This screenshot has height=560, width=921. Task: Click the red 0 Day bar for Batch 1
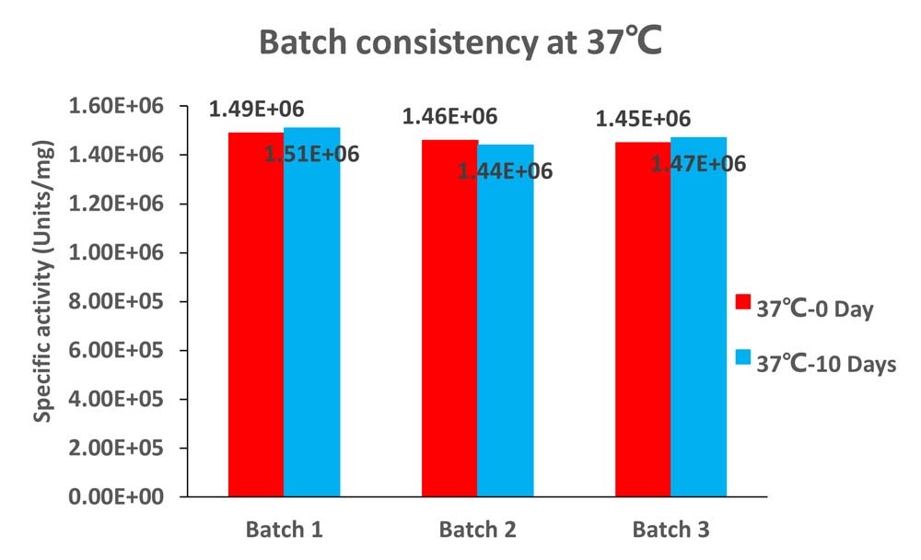(x=256, y=314)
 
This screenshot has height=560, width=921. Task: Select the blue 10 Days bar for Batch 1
(x=312, y=312)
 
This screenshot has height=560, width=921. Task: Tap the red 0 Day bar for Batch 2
(x=449, y=318)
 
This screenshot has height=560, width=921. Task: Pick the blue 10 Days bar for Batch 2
(x=505, y=321)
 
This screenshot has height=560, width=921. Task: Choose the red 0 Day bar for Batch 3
(x=643, y=319)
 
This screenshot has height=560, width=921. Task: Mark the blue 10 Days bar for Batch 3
(x=698, y=317)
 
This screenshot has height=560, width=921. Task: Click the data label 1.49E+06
(x=257, y=110)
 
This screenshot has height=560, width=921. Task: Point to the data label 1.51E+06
(x=312, y=154)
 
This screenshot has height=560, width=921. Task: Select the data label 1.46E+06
(x=450, y=116)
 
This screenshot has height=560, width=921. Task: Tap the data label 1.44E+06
(x=505, y=171)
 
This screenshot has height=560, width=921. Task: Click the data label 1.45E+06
(x=643, y=120)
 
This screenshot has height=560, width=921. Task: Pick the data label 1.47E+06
(x=698, y=163)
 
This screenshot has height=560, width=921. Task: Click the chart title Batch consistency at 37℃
(x=460, y=42)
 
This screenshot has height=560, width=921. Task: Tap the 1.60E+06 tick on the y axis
(x=116, y=106)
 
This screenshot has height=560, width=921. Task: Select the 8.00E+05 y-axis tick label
(x=116, y=301)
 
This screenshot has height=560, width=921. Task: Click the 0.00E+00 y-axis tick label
(x=116, y=496)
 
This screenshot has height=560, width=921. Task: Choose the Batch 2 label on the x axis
(x=477, y=530)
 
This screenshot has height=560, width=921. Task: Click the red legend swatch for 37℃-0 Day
(x=743, y=301)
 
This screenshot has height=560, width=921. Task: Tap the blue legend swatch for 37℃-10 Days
(x=743, y=356)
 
